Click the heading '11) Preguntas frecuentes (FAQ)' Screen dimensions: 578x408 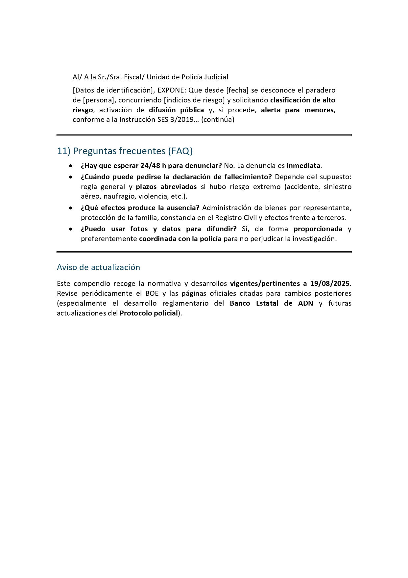(x=125, y=151)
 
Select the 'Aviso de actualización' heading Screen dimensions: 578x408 (x=98, y=267)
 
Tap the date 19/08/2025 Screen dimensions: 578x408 (x=330, y=284)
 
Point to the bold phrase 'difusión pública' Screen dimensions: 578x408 (x=177, y=110)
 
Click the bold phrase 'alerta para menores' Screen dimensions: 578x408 (x=297, y=110)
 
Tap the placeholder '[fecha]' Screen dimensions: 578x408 (x=237, y=90)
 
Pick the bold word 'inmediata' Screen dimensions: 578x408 (x=303, y=166)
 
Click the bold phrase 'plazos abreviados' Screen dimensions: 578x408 (x=166, y=187)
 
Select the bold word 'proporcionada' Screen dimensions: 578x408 (x=318, y=229)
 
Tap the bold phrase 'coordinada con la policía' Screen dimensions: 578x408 (x=180, y=239)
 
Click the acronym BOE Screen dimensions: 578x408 (x=152, y=293)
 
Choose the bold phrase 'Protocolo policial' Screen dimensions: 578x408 (x=149, y=313)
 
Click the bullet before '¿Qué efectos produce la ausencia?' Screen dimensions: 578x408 (x=70, y=208)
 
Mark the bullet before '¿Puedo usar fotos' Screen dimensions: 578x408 (x=70, y=229)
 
